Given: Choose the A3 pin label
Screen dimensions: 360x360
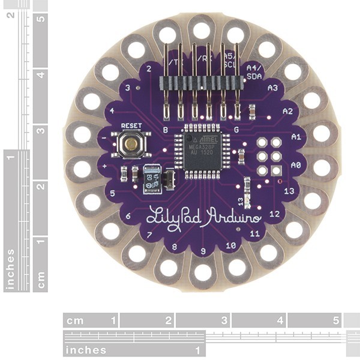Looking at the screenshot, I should tap(272, 88).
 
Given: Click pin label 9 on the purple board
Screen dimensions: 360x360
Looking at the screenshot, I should tap(203, 250).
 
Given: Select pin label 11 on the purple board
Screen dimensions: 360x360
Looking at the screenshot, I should tap(254, 232).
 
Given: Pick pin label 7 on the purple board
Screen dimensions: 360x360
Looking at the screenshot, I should tap(149, 234).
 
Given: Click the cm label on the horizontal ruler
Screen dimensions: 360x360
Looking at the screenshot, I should tap(76, 320).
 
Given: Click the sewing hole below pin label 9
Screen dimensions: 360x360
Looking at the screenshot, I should tap(203, 272).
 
